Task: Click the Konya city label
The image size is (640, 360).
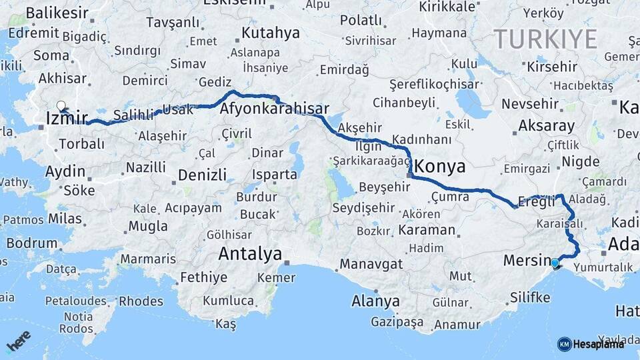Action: (440, 167)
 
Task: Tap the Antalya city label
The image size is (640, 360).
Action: (250, 254)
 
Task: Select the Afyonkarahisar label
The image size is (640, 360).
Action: (274, 109)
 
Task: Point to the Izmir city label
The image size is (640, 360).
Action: (67, 119)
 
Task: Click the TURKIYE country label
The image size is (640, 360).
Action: (545, 39)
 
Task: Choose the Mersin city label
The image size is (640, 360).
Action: (525, 261)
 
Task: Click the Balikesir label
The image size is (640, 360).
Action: (57, 13)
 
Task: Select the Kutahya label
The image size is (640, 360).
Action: (271, 32)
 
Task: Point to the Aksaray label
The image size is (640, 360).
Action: (546, 125)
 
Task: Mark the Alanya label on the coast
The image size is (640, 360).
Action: (375, 301)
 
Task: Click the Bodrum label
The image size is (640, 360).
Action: (31, 243)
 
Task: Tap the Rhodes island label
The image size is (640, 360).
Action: (142, 301)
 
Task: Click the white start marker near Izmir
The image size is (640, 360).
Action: (61, 106)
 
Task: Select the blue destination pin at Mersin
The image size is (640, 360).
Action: (556, 265)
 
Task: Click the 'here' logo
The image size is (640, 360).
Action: (18, 342)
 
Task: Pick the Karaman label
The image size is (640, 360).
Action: (427, 231)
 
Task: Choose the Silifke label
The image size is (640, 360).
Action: (529, 297)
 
